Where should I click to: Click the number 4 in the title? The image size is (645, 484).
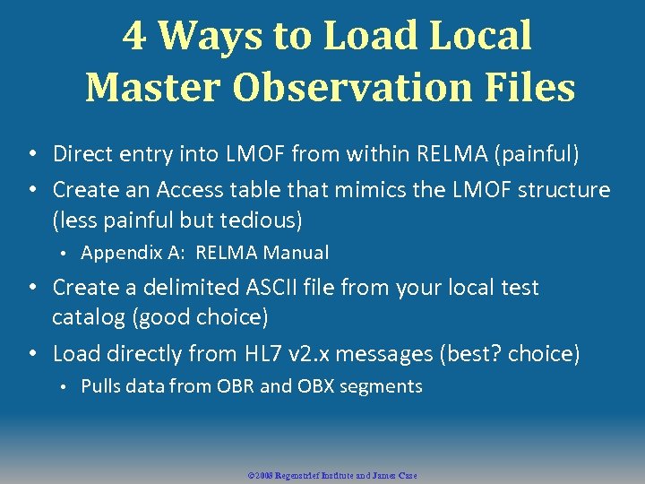(x=134, y=37)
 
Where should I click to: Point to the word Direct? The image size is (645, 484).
(x=82, y=154)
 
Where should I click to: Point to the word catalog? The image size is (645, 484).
(x=87, y=318)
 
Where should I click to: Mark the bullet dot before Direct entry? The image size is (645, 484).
(x=31, y=155)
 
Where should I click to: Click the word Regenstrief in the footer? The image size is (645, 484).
(x=301, y=475)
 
